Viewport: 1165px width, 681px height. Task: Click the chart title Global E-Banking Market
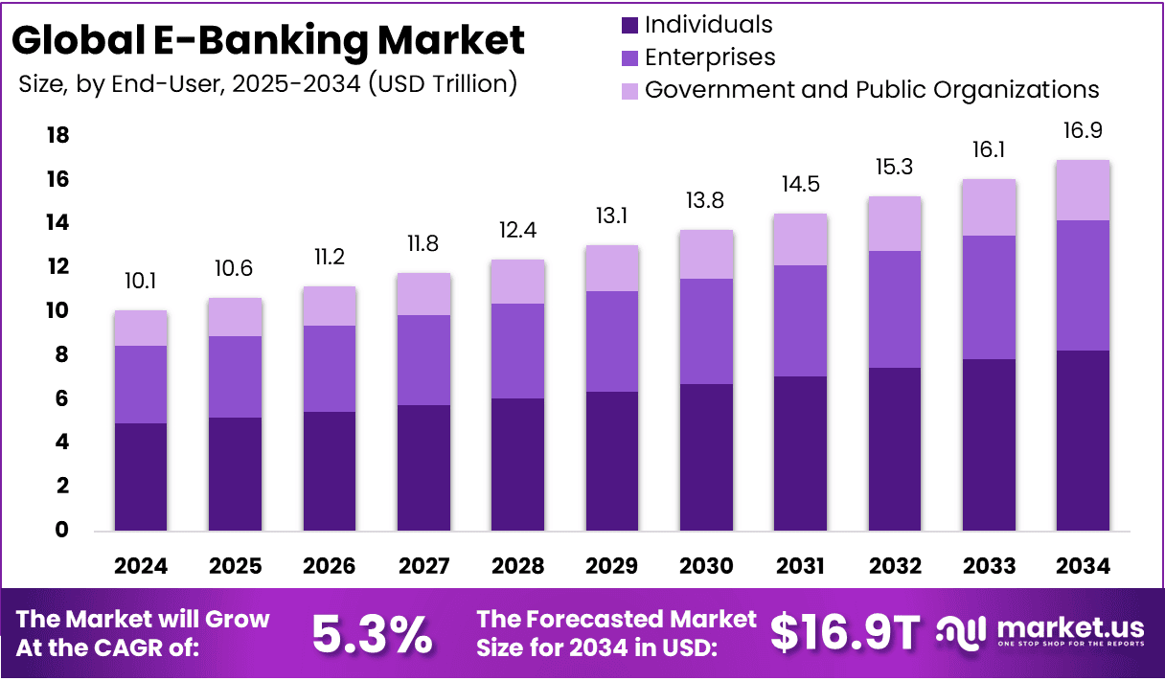click(269, 40)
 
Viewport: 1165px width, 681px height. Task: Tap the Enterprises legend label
click(710, 57)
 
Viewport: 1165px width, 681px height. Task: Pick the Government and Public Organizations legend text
click(872, 90)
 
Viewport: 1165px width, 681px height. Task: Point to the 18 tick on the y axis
click(58, 136)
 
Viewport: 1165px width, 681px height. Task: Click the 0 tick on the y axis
click(62, 530)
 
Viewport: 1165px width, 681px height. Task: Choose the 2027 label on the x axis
click(423, 566)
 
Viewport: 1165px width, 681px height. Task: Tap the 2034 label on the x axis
click(1083, 566)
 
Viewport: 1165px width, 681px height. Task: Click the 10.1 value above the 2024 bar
click(140, 282)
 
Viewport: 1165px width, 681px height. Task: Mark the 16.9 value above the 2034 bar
click(1083, 130)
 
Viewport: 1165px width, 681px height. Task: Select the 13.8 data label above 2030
click(706, 202)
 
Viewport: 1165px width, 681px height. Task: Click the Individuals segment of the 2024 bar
click(140, 477)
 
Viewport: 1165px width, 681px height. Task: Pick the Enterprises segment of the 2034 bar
click(1083, 285)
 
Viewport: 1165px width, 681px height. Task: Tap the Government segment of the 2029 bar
click(612, 268)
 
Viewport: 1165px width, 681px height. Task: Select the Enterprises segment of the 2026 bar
click(329, 369)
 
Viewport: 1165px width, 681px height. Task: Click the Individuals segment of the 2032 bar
click(895, 449)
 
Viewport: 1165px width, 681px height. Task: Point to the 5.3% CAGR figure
click(373, 633)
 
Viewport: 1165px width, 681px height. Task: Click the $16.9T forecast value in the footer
click(845, 633)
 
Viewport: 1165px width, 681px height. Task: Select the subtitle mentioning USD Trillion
click(268, 84)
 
